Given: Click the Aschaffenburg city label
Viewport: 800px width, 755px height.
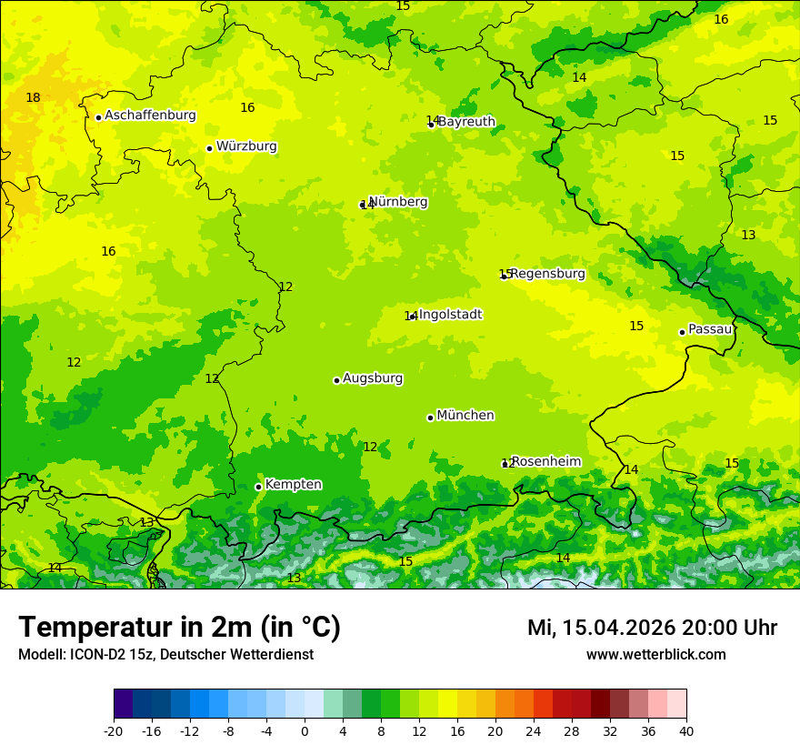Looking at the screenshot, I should [150, 116].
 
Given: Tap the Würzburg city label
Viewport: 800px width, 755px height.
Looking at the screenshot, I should [246, 146].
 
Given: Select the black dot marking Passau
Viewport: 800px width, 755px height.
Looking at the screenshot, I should [682, 332].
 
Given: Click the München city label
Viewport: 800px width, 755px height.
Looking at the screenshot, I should [465, 416].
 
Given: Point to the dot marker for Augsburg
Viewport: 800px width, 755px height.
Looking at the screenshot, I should [336, 380].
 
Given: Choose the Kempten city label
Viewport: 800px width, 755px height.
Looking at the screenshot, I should [293, 485].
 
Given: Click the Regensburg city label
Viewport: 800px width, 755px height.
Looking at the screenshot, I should [548, 274].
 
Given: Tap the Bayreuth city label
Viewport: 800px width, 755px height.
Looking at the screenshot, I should [466, 122].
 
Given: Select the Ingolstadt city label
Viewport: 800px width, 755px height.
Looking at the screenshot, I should [450, 315].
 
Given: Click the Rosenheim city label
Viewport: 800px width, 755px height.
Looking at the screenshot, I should [545, 462].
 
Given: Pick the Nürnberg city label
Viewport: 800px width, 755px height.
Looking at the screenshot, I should [398, 202].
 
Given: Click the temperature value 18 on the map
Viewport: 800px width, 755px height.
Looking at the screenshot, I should [33, 98].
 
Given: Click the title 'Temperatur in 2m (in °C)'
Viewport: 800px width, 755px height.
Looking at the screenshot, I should [179, 628].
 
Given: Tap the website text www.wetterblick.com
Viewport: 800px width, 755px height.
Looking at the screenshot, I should [655, 655].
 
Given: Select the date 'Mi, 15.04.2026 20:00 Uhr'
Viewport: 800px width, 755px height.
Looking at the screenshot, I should [652, 628].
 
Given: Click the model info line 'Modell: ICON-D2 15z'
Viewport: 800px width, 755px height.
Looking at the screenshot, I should [165, 655].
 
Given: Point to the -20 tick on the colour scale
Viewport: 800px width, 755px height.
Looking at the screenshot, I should [114, 730].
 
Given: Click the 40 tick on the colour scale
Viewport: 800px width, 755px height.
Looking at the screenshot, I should [685, 730].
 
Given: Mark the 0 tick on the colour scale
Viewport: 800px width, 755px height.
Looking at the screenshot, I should [305, 730].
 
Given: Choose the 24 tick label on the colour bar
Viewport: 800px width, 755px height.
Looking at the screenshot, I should [534, 730].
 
